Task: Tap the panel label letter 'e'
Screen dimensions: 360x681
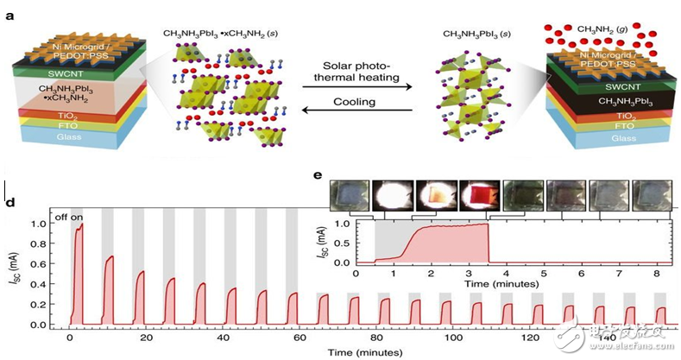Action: [x=318, y=175]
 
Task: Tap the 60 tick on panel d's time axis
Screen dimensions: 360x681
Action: [x=298, y=338]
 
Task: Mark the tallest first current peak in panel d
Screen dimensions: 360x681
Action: [x=80, y=226]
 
